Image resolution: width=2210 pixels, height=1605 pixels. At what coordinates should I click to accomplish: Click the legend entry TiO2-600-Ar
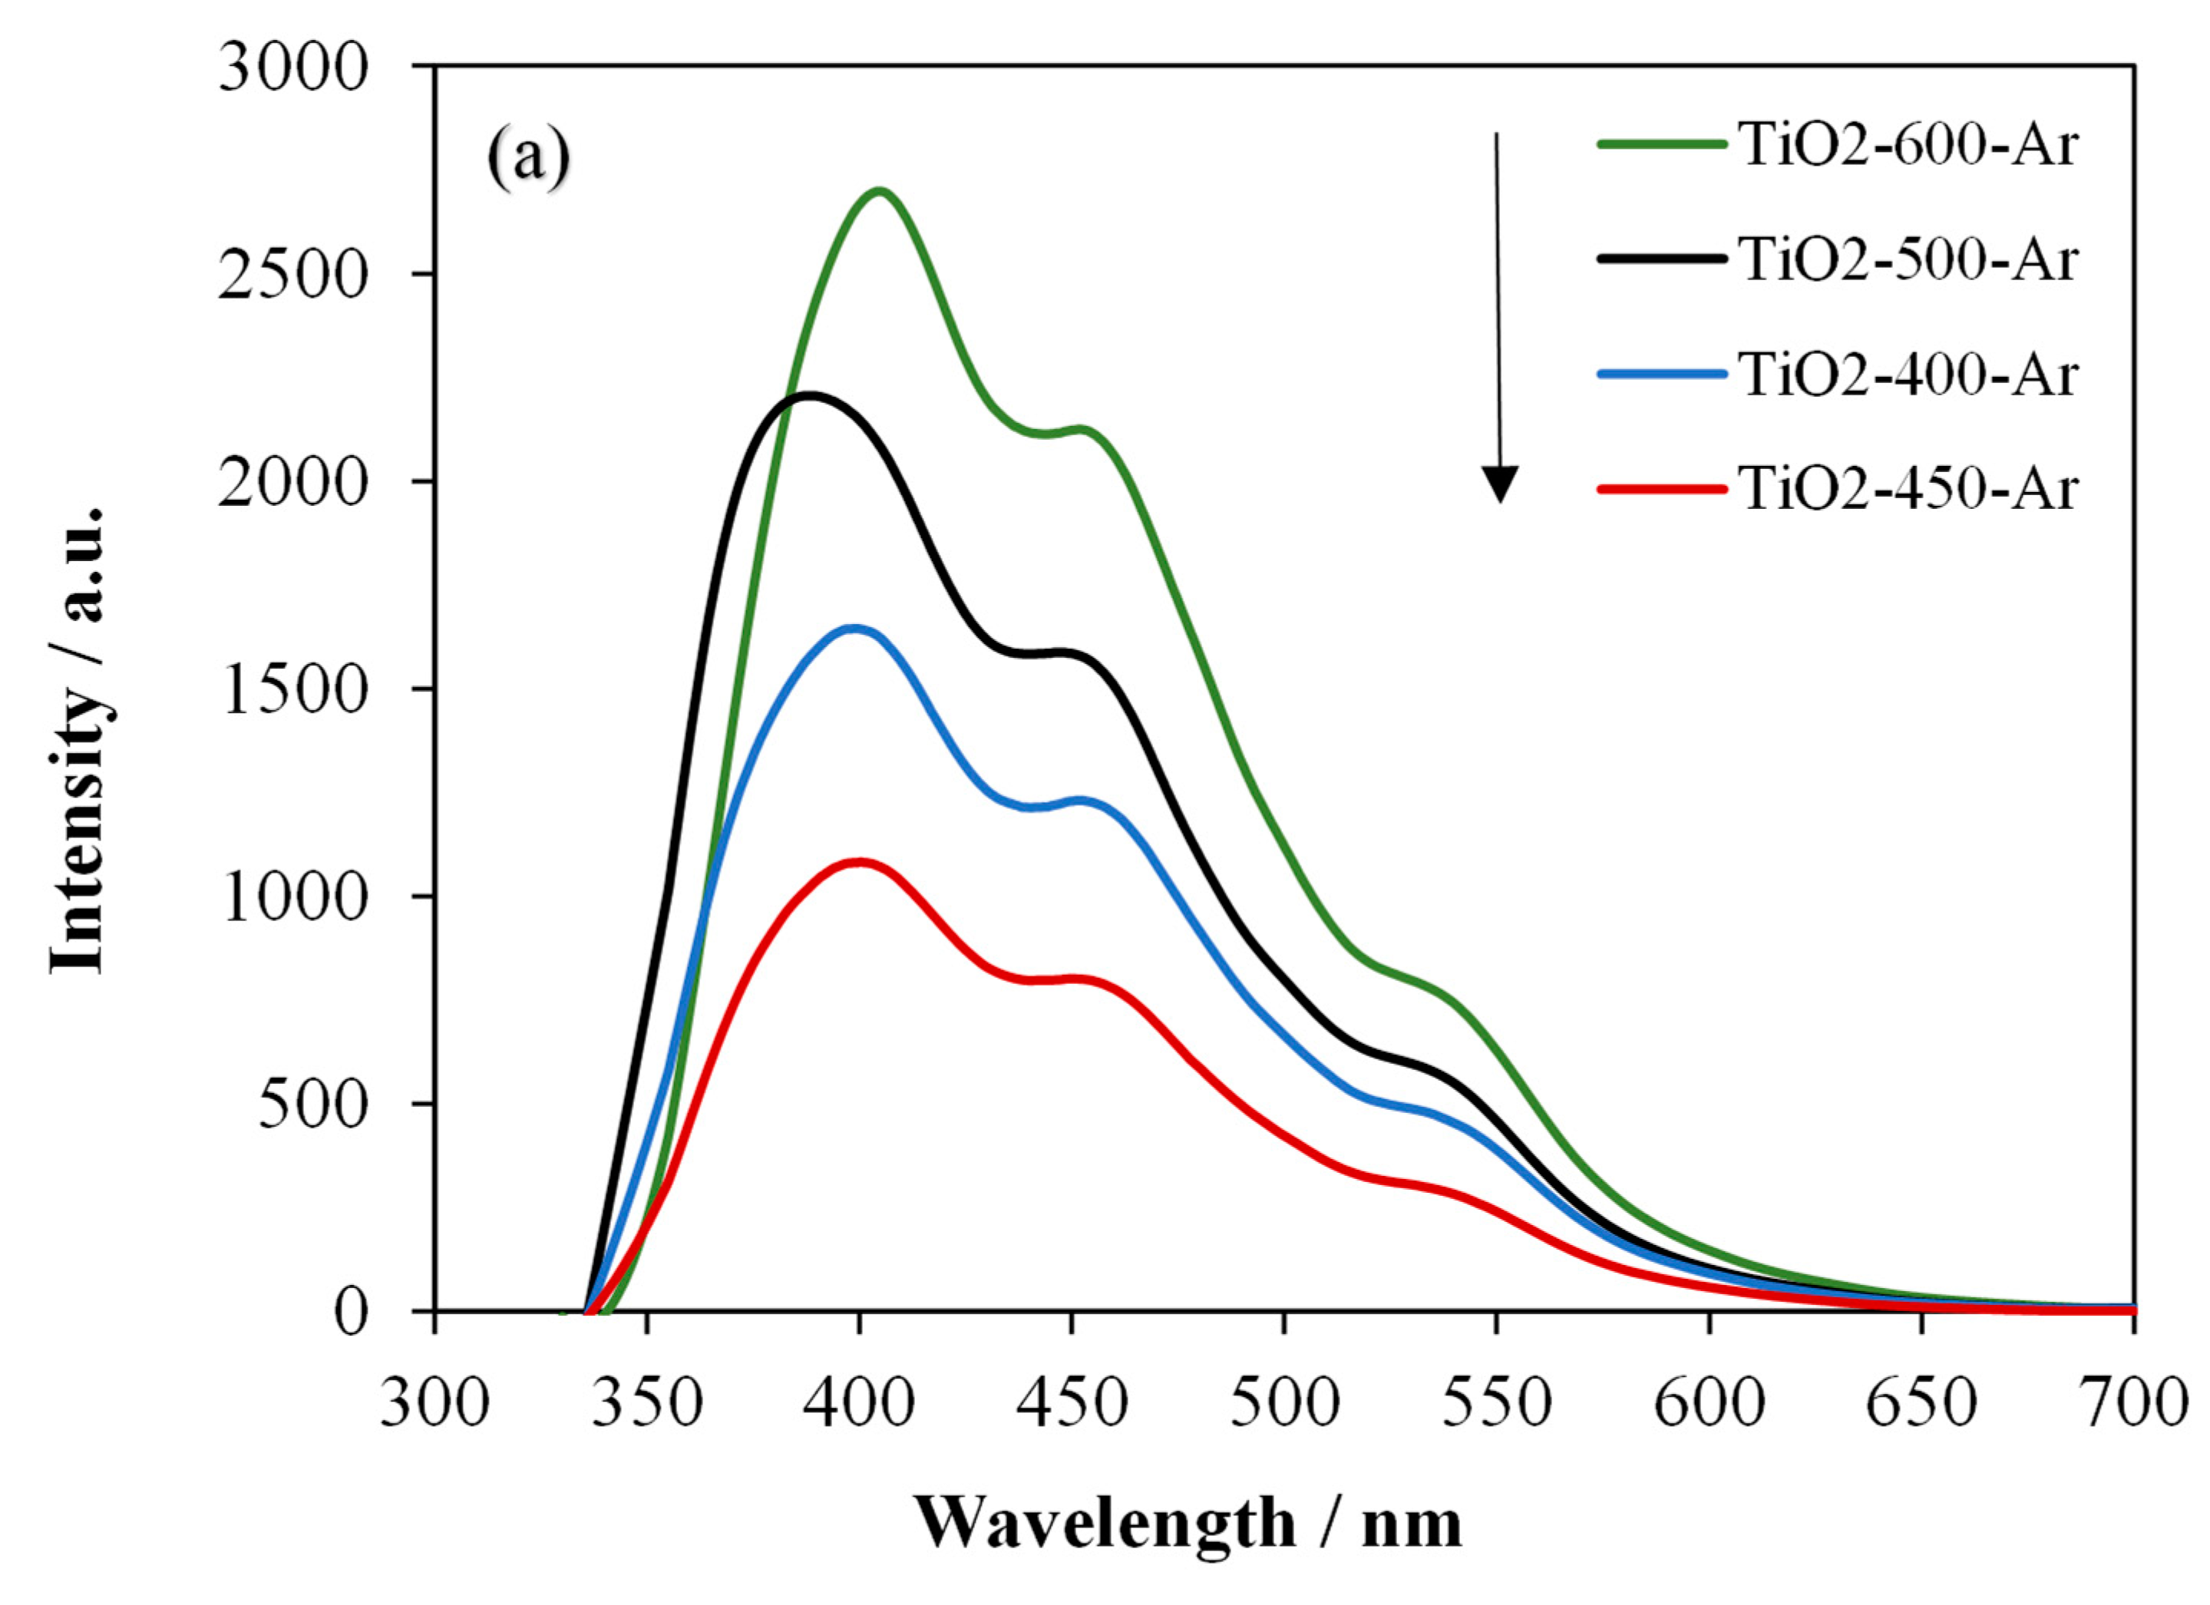1908,146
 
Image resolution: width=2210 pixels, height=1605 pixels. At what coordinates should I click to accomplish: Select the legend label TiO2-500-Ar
1908,260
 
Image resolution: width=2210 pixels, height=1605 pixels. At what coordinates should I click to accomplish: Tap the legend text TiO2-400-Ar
1908,375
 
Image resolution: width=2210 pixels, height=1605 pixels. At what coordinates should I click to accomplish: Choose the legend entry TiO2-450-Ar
1908,487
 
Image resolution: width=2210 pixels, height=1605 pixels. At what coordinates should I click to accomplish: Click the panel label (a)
527,159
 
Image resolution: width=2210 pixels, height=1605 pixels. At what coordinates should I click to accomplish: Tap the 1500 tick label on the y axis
293,691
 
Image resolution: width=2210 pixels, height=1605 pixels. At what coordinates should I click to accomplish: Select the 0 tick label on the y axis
350,1313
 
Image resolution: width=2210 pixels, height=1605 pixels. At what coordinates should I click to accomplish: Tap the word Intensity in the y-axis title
78,848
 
